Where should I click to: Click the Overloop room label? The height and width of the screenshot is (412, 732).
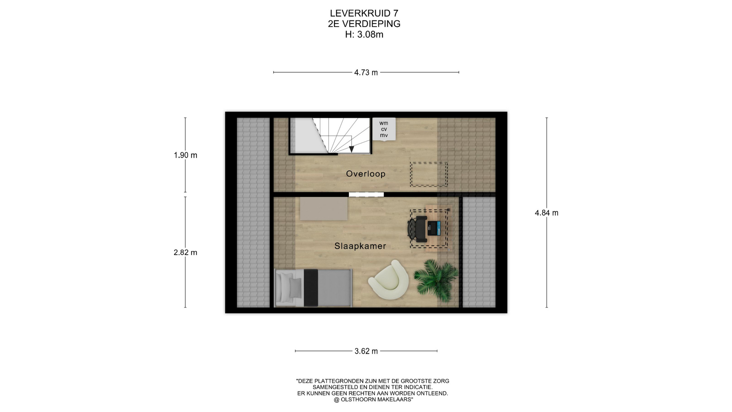point(366,174)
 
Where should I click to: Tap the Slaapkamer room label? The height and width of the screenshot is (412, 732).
point(360,246)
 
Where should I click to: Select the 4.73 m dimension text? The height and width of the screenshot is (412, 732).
point(366,72)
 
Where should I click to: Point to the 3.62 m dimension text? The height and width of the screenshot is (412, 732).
point(366,351)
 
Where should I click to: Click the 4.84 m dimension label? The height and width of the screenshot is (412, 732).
point(546,213)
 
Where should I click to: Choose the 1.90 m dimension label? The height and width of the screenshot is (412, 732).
point(186,155)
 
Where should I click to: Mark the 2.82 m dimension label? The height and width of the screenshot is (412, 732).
point(186,253)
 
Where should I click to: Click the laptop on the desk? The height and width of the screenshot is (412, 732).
point(434,228)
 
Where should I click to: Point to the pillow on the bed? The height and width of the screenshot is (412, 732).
point(295,286)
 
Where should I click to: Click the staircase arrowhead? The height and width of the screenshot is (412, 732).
point(352,149)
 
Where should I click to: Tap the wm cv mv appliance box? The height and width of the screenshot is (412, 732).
point(384,129)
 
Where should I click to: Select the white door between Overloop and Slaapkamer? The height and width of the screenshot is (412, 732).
point(366,195)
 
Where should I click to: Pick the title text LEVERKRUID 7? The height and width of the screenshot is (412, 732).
point(364,13)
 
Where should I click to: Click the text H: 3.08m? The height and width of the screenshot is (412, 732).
point(364,35)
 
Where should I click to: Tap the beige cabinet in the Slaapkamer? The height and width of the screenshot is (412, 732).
point(324,209)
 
